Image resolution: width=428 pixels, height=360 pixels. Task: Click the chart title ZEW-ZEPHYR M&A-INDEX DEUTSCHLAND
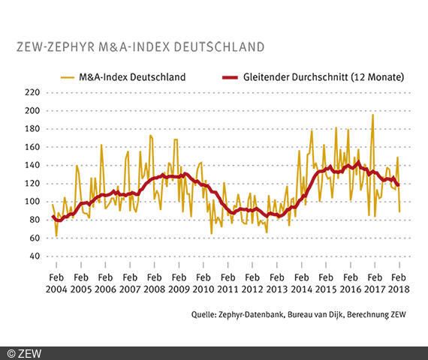tap(140, 46)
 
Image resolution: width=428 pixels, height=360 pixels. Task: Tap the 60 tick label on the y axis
tap(32, 238)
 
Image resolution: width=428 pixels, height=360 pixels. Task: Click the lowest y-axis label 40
tap(32, 256)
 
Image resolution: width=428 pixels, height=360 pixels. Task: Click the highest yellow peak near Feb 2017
tap(372, 115)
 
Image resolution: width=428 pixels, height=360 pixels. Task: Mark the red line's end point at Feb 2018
tap(399, 184)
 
